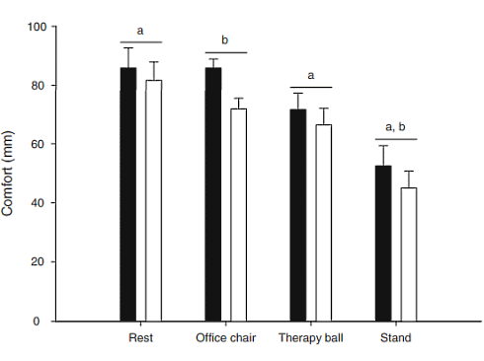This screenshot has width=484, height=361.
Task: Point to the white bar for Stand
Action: (408, 254)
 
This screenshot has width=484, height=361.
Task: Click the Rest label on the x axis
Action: (140, 337)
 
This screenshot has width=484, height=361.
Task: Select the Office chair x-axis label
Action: (225, 337)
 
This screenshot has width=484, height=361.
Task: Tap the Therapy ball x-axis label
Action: (310, 337)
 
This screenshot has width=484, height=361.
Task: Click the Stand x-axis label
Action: (396, 337)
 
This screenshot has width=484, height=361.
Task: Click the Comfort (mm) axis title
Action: (12, 175)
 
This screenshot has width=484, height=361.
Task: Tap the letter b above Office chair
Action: (225, 40)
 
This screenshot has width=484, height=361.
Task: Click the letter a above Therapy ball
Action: (310, 75)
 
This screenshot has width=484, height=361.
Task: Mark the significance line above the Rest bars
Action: (140, 43)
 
